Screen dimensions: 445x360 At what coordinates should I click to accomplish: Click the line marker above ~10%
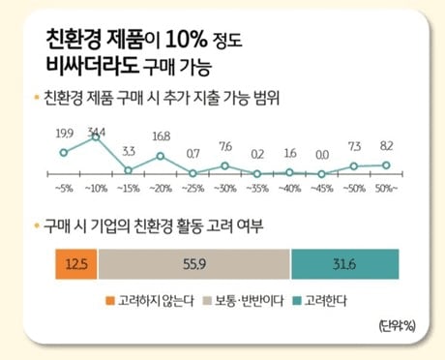[x=96, y=137]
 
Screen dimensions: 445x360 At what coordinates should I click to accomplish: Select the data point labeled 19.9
[x=64, y=153]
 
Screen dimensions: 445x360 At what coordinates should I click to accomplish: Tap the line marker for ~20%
[x=161, y=157]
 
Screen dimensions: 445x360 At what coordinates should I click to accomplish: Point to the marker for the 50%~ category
[x=386, y=165]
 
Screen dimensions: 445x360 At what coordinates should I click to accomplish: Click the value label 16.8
[x=162, y=136]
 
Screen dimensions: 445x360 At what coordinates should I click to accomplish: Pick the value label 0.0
[x=322, y=155]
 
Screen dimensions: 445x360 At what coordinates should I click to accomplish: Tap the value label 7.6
[x=225, y=147]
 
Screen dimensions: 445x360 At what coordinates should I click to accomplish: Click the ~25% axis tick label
[x=193, y=189]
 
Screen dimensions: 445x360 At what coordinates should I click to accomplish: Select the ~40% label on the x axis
[x=289, y=189]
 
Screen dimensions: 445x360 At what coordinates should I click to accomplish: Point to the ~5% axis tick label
[x=65, y=189]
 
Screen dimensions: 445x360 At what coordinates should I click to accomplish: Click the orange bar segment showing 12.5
[x=76, y=264]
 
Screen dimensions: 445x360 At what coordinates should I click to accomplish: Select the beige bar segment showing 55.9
[x=194, y=264]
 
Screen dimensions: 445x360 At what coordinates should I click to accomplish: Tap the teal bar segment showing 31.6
[x=345, y=264]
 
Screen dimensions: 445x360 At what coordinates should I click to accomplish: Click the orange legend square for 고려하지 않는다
[x=110, y=301]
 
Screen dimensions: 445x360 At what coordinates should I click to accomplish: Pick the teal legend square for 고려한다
[x=297, y=301]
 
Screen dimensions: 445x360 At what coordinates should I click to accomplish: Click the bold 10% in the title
[x=187, y=40]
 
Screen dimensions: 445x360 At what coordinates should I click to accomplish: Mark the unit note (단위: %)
[x=398, y=326]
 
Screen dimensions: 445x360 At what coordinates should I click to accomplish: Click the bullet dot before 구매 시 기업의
[x=37, y=225]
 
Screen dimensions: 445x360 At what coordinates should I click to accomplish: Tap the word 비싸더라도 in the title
[x=92, y=65]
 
